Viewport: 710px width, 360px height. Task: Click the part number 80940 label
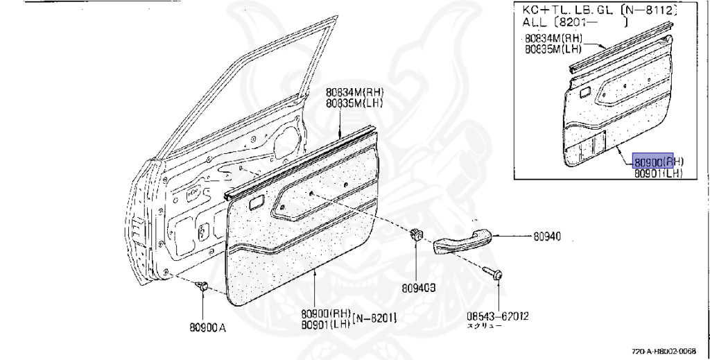(547, 237)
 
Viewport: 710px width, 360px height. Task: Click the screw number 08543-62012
(498, 316)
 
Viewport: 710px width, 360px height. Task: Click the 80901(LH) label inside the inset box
(658, 174)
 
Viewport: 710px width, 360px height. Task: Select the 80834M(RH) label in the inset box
(552, 39)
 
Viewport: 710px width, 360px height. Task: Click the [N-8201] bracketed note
(374, 319)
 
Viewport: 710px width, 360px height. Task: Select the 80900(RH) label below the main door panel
(326, 314)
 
